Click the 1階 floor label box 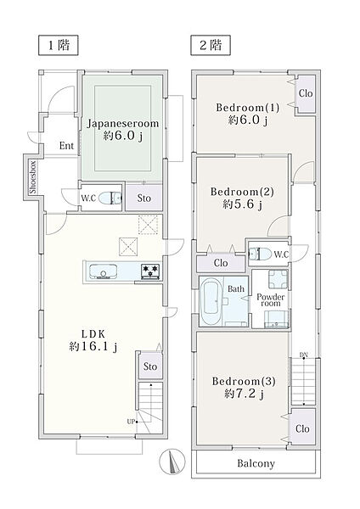point(59,45)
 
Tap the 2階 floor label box point(211,45)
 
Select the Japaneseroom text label point(122,124)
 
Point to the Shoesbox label point(32,177)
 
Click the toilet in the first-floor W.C point(110,198)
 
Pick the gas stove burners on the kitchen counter point(150,271)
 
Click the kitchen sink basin point(104,271)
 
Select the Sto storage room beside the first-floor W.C point(143,198)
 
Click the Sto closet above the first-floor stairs point(150,366)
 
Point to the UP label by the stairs point(131,422)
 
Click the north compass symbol point(172,461)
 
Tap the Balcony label point(256,463)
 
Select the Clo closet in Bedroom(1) point(306,94)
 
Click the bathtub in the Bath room point(211,302)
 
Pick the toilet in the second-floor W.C point(260,254)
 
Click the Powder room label point(270,299)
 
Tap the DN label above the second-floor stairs point(303,355)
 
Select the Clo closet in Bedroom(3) point(302,428)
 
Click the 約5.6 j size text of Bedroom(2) point(243,204)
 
